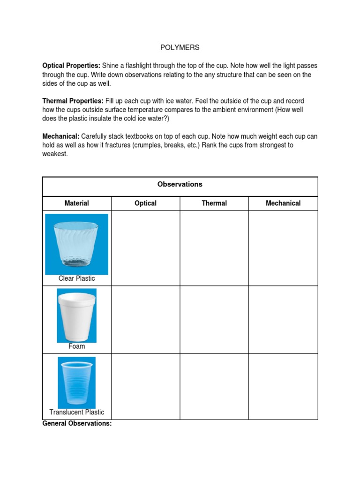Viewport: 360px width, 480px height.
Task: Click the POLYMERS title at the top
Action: point(180,47)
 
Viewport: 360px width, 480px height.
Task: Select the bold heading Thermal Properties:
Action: point(73,101)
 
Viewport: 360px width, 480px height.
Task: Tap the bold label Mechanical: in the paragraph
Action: point(60,136)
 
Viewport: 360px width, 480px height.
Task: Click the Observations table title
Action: point(180,184)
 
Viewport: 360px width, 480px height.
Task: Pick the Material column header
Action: point(77,203)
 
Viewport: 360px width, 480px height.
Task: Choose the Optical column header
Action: point(145,203)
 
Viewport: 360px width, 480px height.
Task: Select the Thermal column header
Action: point(214,203)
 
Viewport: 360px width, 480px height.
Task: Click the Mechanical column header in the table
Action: point(283,203)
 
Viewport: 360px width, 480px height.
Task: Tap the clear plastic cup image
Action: point(77,244)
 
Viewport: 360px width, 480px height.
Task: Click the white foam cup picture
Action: point(77,315)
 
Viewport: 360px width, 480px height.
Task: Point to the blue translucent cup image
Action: point(77,382)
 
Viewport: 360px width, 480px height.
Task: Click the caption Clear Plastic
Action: point(77,278)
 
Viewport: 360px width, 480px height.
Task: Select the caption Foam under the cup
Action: point(77,346)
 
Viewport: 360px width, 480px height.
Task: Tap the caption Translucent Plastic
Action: point(77,412)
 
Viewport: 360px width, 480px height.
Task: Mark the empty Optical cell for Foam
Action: point(145,320)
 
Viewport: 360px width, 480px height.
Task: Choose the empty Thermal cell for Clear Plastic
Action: point(214,248)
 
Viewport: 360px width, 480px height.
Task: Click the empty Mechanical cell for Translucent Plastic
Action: point(283,386)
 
